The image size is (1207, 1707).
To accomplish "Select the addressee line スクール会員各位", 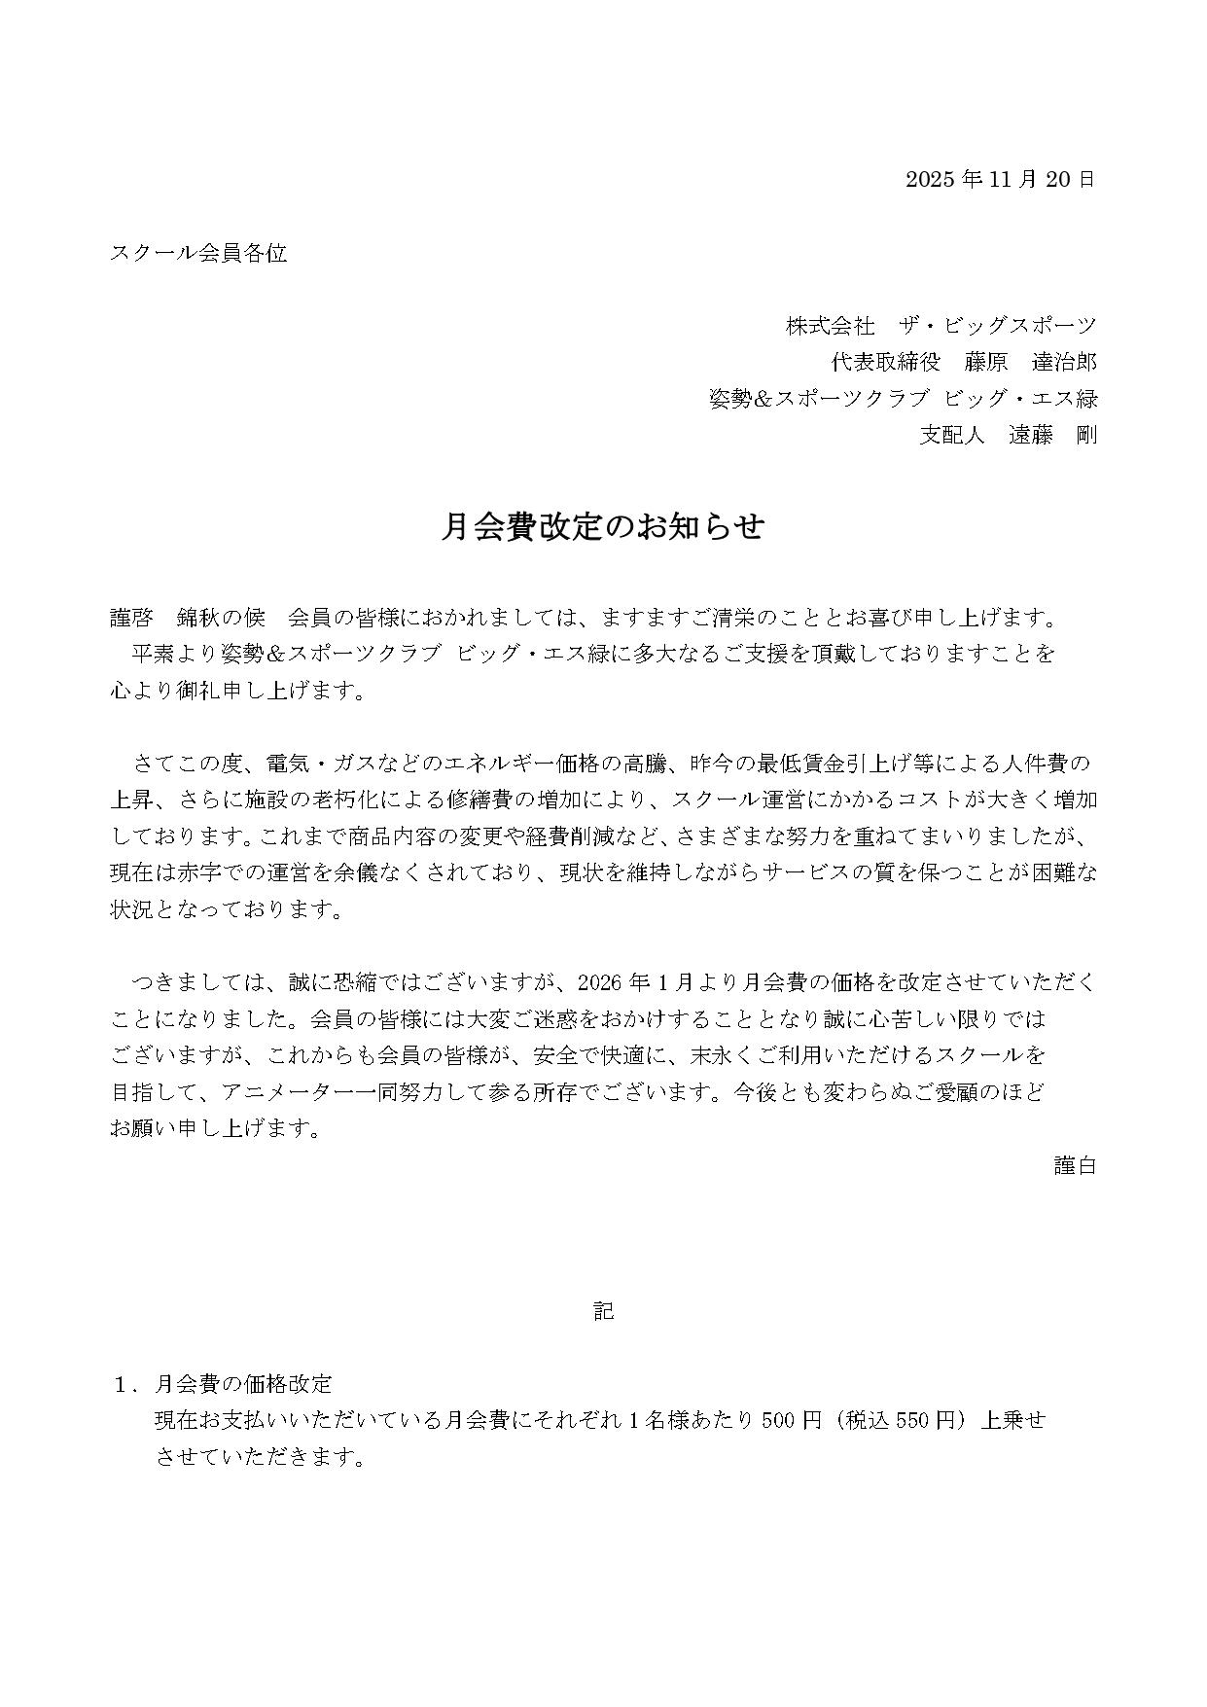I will coord(198,254).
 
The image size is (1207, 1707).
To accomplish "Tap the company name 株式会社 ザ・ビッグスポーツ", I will coord(941,326).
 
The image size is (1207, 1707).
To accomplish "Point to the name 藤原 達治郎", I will coord(1030,363).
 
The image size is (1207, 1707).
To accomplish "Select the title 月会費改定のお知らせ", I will coord(603,526).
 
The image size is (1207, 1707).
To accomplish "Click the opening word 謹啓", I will coord(131,618).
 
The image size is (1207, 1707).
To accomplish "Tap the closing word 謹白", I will coord(1075,1164).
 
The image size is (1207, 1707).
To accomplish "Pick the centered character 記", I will coord(603,1310).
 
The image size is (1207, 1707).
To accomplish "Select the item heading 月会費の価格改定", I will coord(243,1384).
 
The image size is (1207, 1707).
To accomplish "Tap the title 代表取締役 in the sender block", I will coord(885,363).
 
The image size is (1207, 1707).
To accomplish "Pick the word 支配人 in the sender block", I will coord(952,435).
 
